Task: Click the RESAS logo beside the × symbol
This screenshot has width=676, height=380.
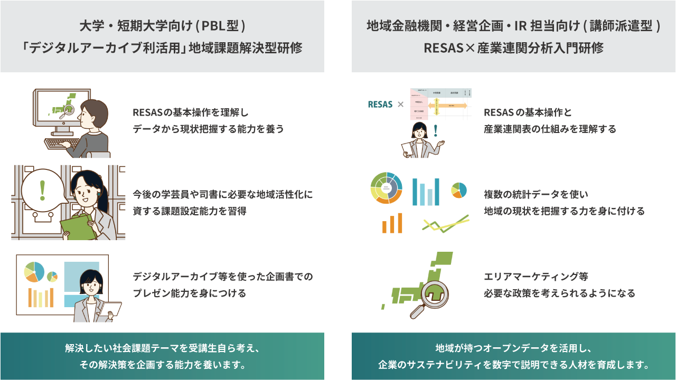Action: [x=380, y=104]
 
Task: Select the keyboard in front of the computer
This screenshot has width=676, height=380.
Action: [x=62, y=143]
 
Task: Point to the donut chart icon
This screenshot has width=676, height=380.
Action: [x=387, y=188]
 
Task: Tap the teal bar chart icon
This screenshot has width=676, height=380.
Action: [x=426, y=192]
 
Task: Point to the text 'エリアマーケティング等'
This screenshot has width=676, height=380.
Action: [x=536, y=277]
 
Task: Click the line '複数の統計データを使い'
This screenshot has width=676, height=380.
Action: [x=536, y=195]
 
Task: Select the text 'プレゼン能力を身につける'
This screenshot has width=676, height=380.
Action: [x=190, y=293]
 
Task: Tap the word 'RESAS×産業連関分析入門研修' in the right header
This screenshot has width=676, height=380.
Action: [x=513, y=48]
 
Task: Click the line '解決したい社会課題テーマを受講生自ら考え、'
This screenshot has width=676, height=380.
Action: [x=162, y=349]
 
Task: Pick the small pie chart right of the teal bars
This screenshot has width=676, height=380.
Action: [x=459, y=190]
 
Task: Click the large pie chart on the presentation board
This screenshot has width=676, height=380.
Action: [x=34, y=271]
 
